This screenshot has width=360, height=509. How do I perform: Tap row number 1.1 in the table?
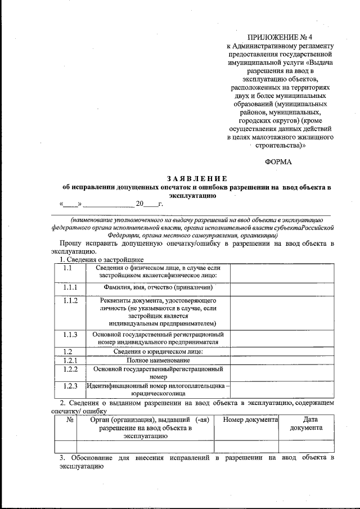tap(67, 268)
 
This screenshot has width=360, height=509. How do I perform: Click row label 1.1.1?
tap(70, 287)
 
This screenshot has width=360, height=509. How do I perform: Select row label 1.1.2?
tap(70, 301)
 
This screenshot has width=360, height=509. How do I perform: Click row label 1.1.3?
tap(70, 334)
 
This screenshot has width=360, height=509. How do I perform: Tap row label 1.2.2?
tap(70, 369)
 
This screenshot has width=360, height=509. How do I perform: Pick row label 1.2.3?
tap(70, 386)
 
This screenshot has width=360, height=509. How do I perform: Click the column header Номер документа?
tap(250, 420)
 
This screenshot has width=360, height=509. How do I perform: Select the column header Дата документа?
tap(306, 424)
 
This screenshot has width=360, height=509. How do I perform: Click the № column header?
tap(70, 420)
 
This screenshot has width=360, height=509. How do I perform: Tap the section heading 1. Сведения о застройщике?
tap(102, 260)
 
